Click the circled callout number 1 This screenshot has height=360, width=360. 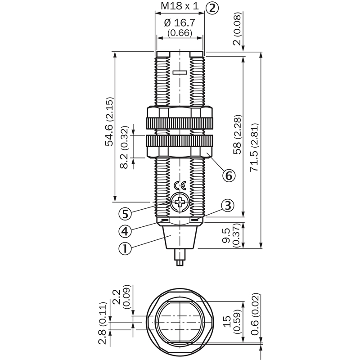(x=125, y=248)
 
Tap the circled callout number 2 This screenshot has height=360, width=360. (x=212, y=8)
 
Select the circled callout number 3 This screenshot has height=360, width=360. (x=228, y=206)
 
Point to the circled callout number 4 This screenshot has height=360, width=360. (x=125, y=231)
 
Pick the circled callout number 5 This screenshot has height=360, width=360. (x=125, y=214)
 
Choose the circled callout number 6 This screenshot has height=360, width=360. (x=229, y=175)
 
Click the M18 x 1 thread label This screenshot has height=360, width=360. (x=180, y=6)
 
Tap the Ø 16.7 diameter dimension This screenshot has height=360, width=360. (x=180, y=23)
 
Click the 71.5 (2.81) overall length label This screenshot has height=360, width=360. (x=254, y=148)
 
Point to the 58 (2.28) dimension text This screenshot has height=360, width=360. (x=238, y=134)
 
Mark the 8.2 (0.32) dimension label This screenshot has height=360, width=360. (x=124, y=147)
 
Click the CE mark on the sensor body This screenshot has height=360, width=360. (x=180, y=186)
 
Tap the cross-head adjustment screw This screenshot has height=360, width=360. (x=180, y=202)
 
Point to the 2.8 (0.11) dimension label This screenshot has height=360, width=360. (x=103, y=323)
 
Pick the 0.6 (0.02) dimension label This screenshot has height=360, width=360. (x=255, y=314)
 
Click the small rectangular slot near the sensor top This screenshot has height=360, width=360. (x=180, y=72)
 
